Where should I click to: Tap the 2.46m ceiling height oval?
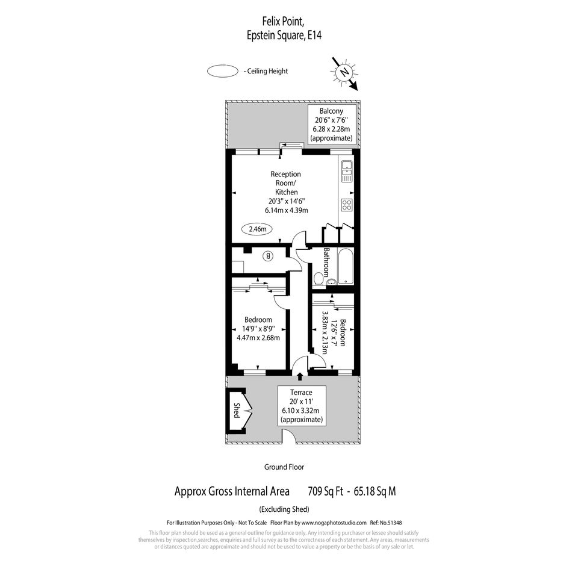[257, 229]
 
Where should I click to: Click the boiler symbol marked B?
[268, 256]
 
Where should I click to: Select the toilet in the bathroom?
[319, 279]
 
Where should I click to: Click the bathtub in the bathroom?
[345, 266]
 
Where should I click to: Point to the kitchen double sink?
[347, 171]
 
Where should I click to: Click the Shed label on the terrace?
[237, 410]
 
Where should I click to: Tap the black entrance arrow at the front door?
[300, 376]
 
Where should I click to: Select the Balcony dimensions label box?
[331, 125]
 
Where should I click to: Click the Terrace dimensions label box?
[301, 406]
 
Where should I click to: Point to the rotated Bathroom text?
[326, 263]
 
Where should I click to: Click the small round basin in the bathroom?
[332, 281]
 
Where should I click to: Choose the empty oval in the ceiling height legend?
[222, 71]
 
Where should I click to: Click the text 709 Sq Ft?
[326, 491]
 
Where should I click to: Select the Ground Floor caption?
[284, 467]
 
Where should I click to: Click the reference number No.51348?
[390, 523]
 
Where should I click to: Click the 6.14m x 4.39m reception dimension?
[287, 210]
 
